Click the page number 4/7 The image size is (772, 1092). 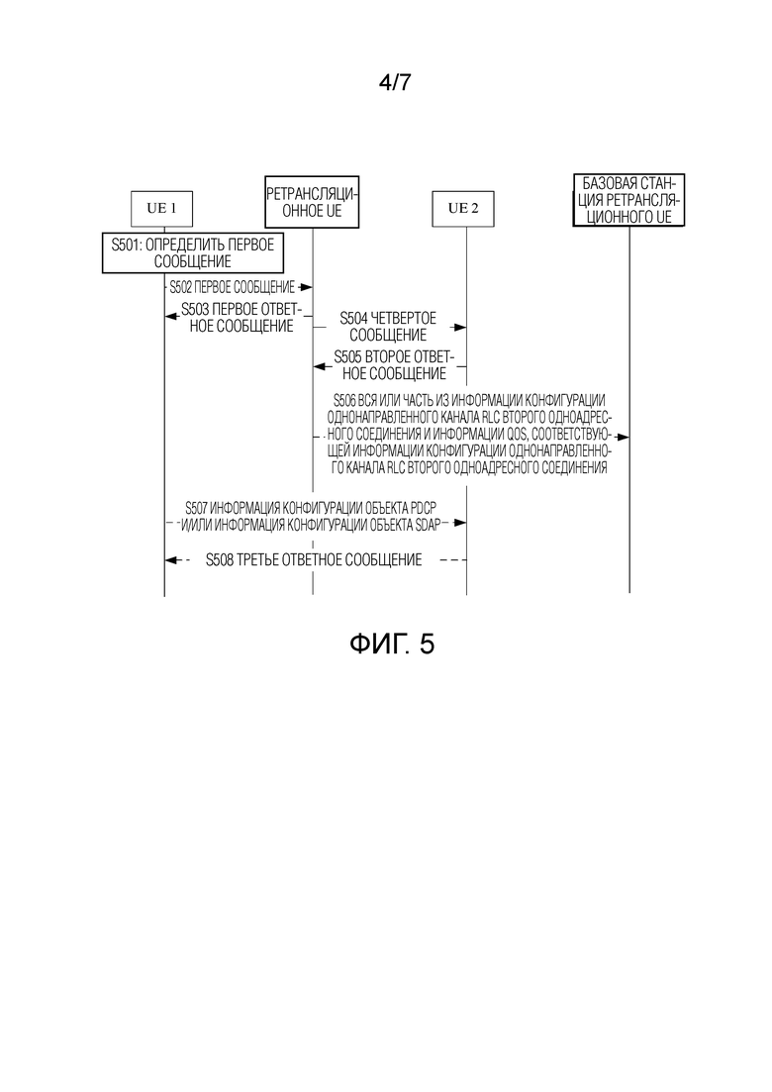point(395,82)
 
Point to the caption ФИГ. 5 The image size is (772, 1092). point(392,644)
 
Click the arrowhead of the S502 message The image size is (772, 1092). point(306,287)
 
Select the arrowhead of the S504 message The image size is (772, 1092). point(459,327)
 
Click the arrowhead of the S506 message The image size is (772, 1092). point(623,437)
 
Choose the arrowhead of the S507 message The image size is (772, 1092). point(459,523)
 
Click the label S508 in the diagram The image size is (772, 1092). point(220,560)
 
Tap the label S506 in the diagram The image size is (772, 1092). point(344,400)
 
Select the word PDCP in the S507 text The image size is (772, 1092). point(424,509)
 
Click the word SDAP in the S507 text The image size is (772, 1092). point(428,525)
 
